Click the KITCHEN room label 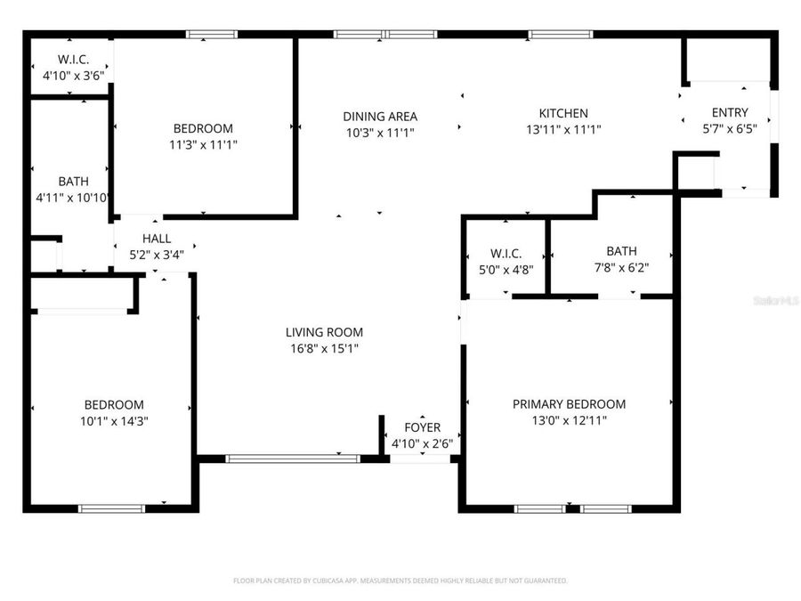[563, 113]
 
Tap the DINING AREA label [380, 116]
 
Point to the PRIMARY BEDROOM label [569, 403]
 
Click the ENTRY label [729, 112]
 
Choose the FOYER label [422, 427]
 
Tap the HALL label [157, 239]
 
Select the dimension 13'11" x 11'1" [563, 130]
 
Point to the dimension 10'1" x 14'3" [114, 421]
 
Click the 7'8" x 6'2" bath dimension [621, 267]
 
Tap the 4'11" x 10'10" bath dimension [73, 198]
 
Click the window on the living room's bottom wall [292, 459]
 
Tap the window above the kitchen [561, 35]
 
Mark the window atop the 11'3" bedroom [212, 35]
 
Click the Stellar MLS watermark [776, 301]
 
